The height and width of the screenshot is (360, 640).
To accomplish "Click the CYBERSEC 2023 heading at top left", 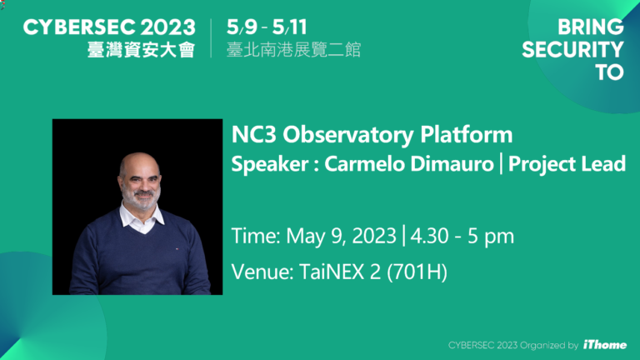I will pos(108,27).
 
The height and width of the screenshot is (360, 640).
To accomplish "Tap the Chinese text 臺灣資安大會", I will pos(140,50).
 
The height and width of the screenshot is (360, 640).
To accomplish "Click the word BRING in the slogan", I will pos(585,27).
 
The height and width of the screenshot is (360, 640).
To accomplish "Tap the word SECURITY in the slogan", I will pos(572,50).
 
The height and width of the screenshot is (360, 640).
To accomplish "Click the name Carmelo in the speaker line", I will pos(353,164).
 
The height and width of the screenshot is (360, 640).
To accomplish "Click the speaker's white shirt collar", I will pos(131,218).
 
